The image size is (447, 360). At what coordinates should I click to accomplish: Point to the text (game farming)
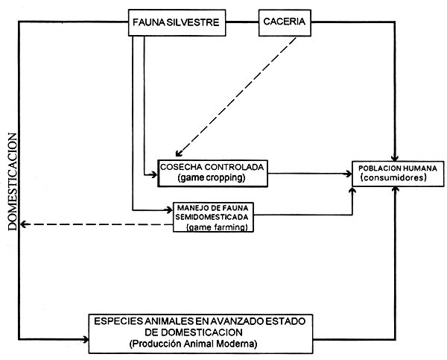click(x=218, y=226)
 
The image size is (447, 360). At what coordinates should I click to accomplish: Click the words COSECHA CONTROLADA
click(x=213, y=167)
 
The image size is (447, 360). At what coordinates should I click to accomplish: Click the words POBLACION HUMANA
click(x=394, y=167)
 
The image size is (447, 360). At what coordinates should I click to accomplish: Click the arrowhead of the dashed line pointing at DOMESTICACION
click(x=25, y=224)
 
